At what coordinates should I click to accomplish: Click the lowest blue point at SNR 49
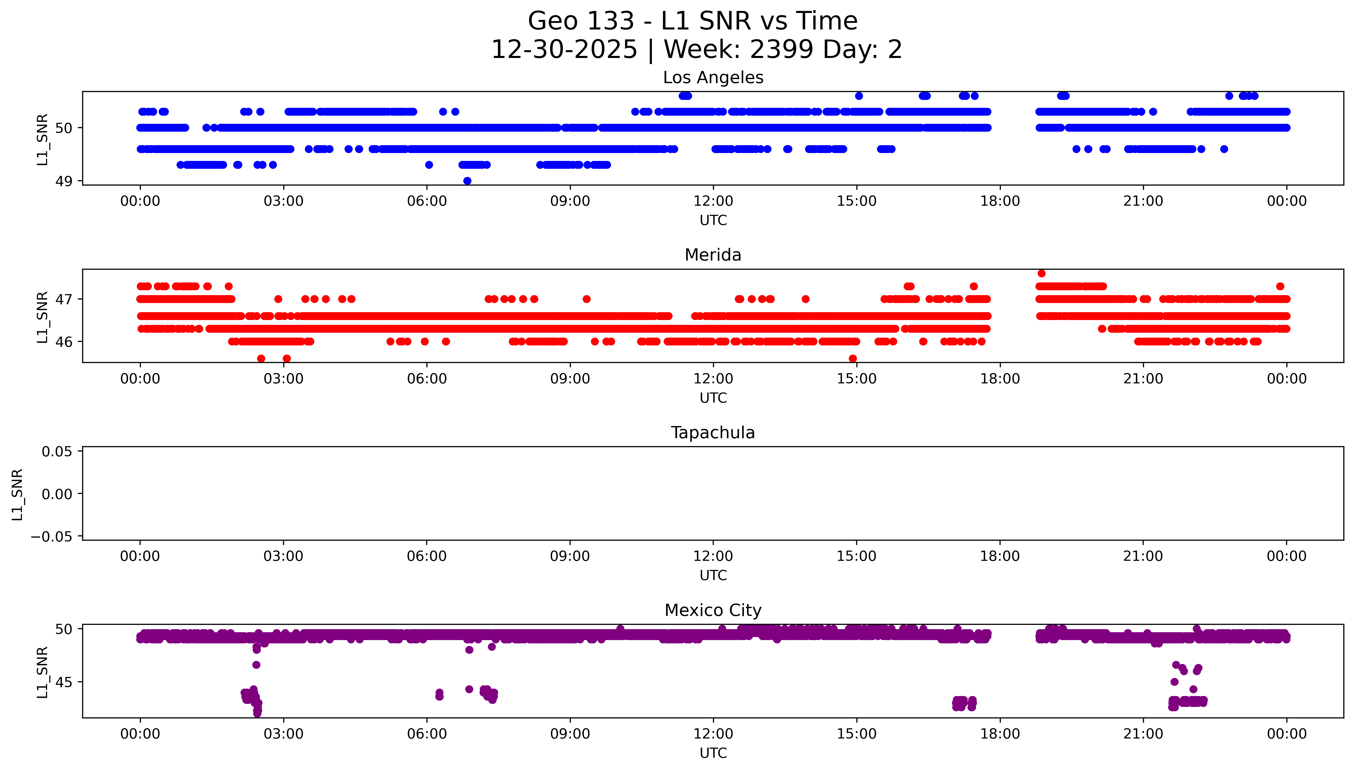467,180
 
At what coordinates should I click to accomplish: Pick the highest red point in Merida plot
1041,273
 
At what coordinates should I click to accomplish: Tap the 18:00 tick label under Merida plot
1000,379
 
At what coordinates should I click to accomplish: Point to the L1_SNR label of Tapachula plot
18,494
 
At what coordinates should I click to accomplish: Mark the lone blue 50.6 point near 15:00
859,96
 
